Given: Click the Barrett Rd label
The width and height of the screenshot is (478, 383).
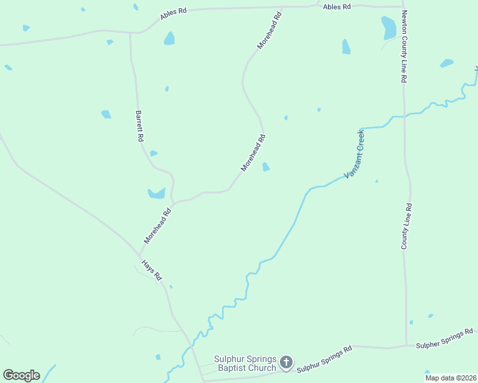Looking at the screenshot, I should pyautogui.click(x=139, y=126).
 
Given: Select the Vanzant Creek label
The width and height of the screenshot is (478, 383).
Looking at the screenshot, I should pyautogui.click(x=354, y=154).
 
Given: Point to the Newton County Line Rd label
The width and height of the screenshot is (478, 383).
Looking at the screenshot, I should pyautogui.click(x=404, y=47).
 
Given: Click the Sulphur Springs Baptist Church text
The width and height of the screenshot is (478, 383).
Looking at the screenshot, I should pyautogui.click(x=245, y=363).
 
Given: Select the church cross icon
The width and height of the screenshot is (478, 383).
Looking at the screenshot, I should pyautogui.click(x=286, y=363).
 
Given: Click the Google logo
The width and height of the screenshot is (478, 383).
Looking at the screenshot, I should pyautogui.click(x=21, y=375).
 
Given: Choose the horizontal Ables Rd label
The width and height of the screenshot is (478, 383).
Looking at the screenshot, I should pyautogui.click(x=337, y=6).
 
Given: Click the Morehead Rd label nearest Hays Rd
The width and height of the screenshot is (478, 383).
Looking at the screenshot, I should pyautogui.click(x=158, y=226).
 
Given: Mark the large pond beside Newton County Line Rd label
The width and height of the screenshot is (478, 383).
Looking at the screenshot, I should pyautogui.click(x=389, y=27).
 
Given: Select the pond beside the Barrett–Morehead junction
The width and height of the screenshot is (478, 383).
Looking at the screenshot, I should pyautogui.click(x=157, y=193).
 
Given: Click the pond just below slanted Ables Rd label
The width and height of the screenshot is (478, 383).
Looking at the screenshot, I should pyautogui.click(x=169, y=38).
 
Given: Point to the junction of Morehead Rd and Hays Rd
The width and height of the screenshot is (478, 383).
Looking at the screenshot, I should pyautogui.click(x=140, y=254).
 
